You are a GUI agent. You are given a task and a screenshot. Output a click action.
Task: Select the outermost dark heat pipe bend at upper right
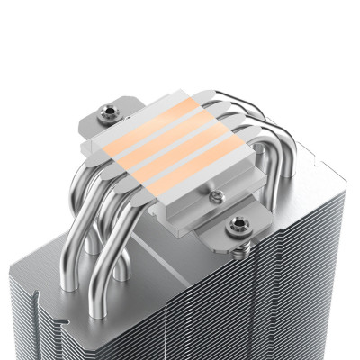[260, 135]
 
